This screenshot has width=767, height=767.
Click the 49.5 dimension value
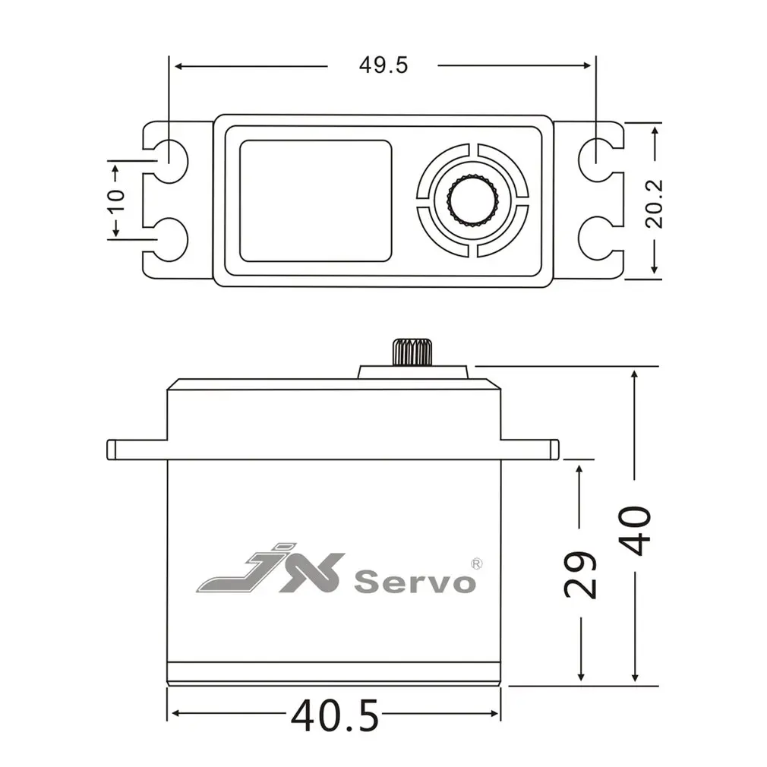pos(383,65)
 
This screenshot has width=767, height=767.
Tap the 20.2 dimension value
pos(654,203)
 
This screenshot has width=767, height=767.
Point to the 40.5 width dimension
pos(335,716)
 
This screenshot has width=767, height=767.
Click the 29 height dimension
pos(582,574)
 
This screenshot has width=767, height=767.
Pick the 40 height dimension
pos(634,530)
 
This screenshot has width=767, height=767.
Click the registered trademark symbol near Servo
pos(476,563)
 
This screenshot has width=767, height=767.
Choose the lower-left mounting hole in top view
pos(169,238)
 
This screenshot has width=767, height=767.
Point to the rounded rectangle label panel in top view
pos(316,200)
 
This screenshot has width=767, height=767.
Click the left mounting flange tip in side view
pos(112,450)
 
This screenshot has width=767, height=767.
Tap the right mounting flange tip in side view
pos(554,450)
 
